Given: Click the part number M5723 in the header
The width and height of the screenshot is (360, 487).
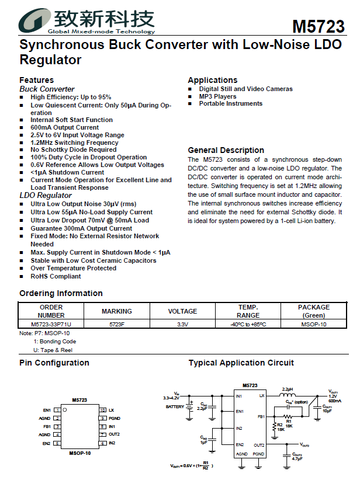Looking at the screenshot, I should (x=318, y=27).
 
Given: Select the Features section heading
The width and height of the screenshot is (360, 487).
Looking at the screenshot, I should (x=36, y=80).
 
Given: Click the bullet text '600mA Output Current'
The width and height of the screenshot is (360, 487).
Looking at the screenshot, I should (x=64, y=127).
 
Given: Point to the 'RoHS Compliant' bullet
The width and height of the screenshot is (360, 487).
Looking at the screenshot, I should (x=56, y=276).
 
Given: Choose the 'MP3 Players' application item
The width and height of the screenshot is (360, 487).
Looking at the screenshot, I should (x=217, y=96).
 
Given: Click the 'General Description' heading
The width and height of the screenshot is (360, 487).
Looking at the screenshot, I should (x=226, y=150).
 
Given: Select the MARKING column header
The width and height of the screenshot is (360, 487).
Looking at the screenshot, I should (x=117, y=311).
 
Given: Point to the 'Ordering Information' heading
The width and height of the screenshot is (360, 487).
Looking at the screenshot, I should (x=61, y=293).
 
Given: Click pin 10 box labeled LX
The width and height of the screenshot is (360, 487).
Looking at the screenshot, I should (x=102, y=410).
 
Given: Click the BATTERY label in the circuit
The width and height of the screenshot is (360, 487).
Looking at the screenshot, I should (x=175, y=407).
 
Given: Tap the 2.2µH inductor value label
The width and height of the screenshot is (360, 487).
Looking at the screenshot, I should (x=287, y=388).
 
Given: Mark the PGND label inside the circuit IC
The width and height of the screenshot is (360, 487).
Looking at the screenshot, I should (x=259, y=454).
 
